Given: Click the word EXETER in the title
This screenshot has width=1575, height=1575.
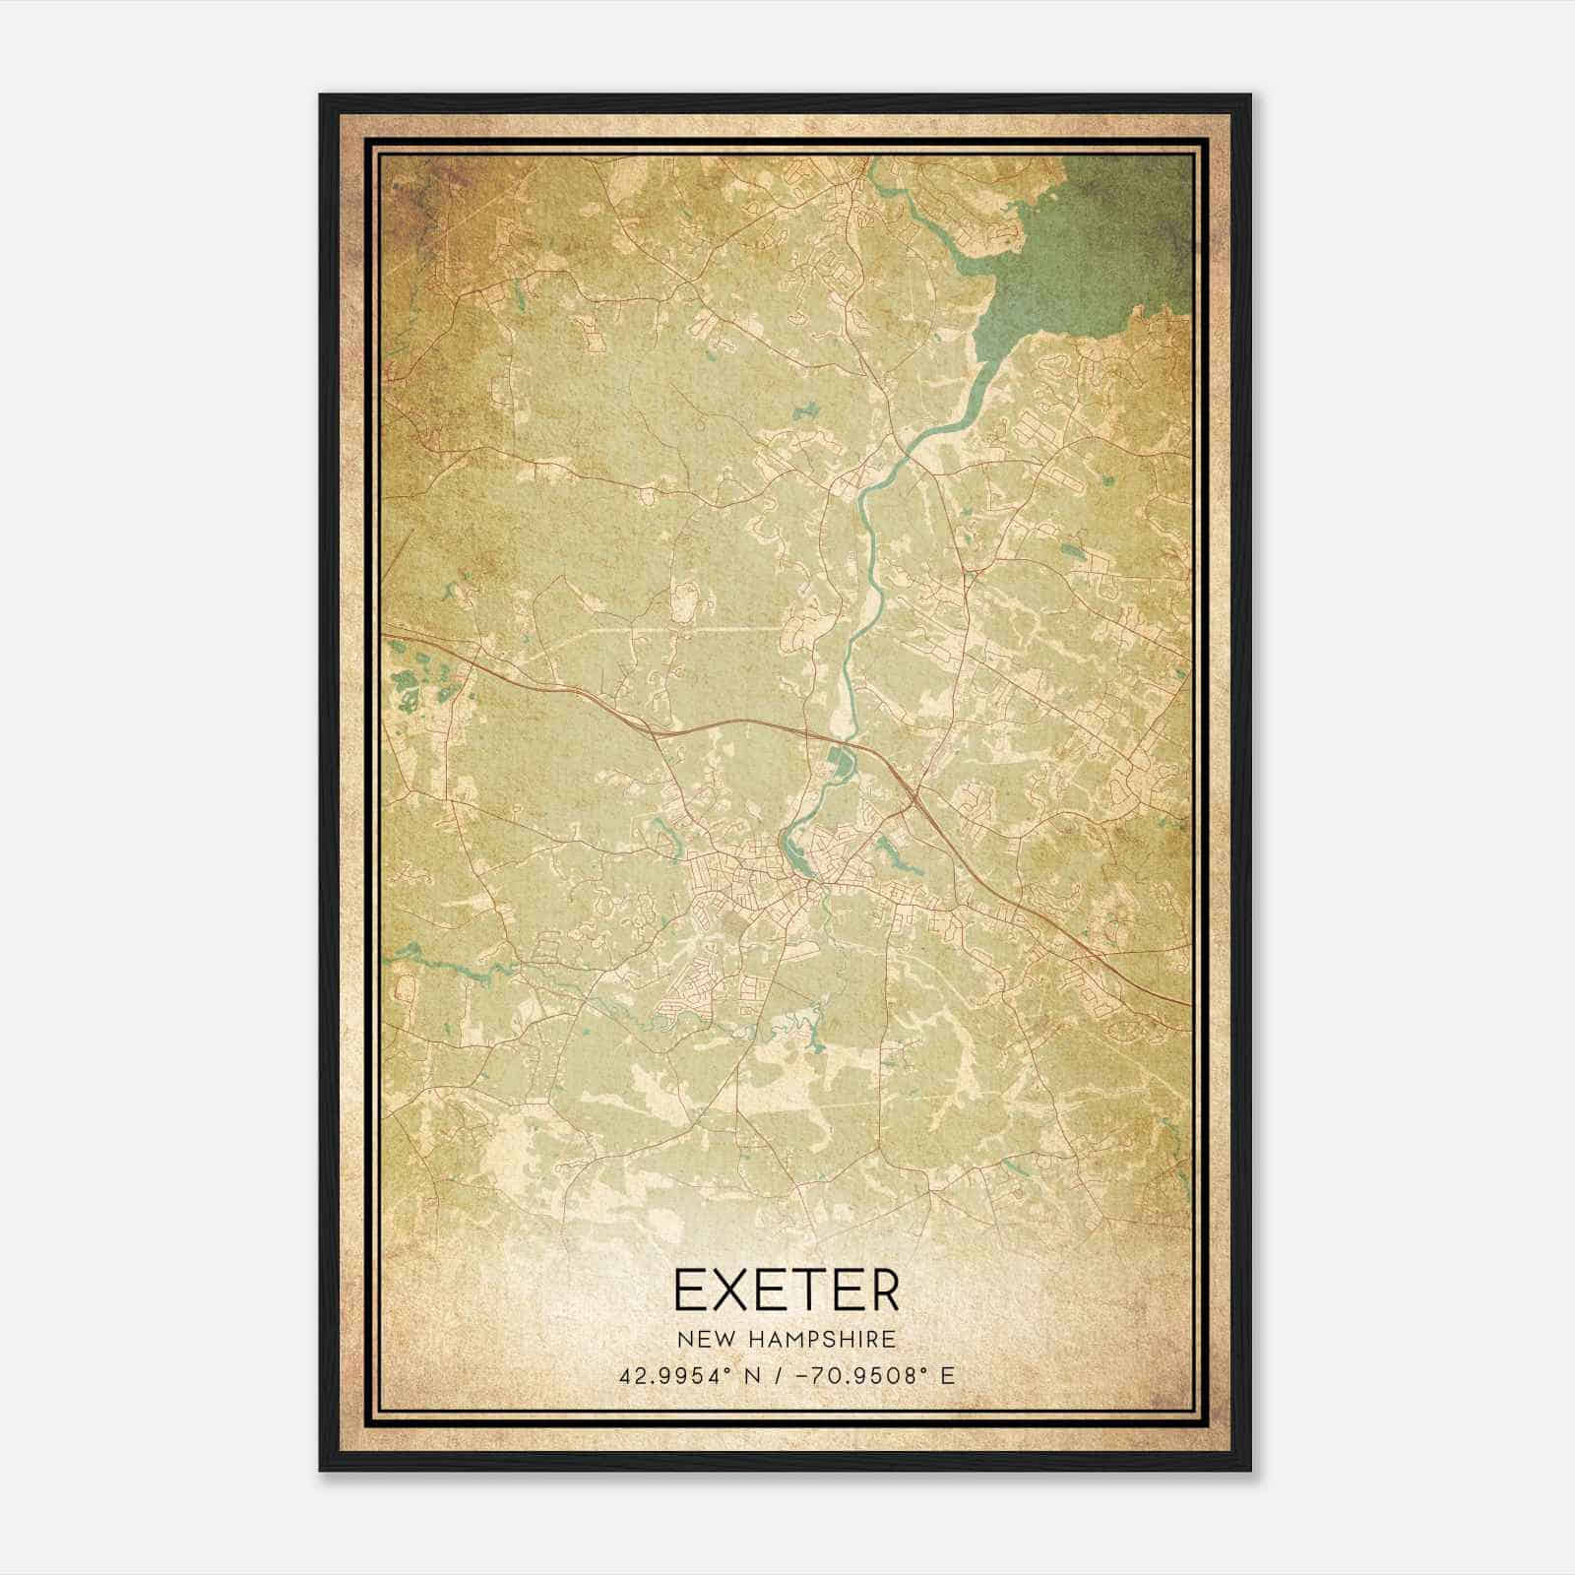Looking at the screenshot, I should click(x=787, y=1291).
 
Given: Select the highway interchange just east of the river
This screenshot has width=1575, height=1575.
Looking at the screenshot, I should click(x=913, y=793).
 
